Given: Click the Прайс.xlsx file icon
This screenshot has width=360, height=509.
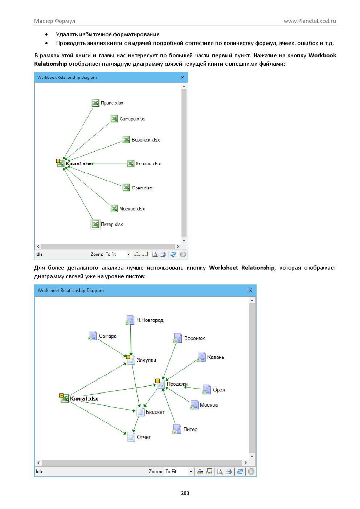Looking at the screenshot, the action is tap(95, 103).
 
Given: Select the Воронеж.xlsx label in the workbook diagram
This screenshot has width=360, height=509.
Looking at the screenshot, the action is tap(146, 140).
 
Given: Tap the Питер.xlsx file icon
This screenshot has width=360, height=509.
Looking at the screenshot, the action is tap(95, 224).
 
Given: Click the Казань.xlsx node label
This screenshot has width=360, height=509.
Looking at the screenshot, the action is tap(148, 164).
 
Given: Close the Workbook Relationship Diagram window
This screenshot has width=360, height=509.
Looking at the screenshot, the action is tap(182, 77).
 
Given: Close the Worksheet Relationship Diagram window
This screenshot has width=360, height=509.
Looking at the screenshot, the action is tap(250, 290).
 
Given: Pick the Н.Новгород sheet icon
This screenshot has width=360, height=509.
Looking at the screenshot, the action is tap(130, 320).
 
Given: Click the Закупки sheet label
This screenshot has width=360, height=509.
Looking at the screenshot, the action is tap(146, 360).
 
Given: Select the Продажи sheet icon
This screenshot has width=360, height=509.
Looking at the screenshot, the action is tap(161, 384).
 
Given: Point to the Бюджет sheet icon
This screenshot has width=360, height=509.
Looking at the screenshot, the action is tap(140, 412).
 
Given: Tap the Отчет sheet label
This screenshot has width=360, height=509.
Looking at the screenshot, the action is tap(144, 437).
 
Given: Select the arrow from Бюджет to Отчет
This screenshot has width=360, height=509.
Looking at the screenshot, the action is tap(135, 424).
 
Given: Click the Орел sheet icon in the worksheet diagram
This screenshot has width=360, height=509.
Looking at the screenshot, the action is tap(206, 390).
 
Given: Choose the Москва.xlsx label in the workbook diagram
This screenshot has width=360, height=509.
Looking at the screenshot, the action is tap(132, 209).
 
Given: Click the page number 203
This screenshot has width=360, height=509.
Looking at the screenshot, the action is tap(185, 493).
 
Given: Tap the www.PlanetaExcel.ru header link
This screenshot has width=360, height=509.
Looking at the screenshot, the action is tap(310, 21).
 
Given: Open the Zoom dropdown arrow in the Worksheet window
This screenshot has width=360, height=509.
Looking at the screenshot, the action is tap(191, 472).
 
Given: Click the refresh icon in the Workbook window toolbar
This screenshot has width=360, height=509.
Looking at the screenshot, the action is tap(173, 254).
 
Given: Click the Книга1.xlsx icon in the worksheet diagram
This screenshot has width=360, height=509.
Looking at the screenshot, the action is tap(64, 398).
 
